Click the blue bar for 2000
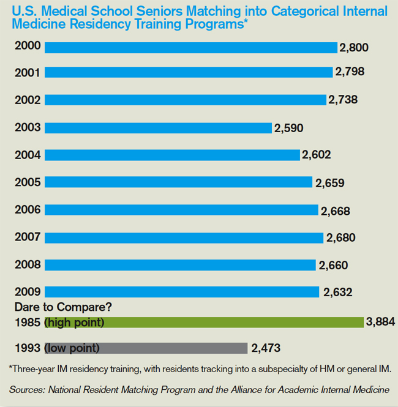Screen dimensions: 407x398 [x=190, y=48]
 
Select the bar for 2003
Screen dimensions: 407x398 [x=158, y=127]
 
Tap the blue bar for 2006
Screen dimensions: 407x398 [x=181, y=210]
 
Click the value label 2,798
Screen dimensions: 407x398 [x=350, y=72]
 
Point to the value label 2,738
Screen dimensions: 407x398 [x=343, y=99]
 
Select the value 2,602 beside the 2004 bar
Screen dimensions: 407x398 [x=316, y=155]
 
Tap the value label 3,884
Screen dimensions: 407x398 [x=380, y=321]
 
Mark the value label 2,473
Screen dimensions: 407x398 [x=266, y=348]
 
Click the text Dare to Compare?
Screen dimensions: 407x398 [x=54, y=307]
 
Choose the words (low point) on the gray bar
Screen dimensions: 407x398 [x=72, y=348]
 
